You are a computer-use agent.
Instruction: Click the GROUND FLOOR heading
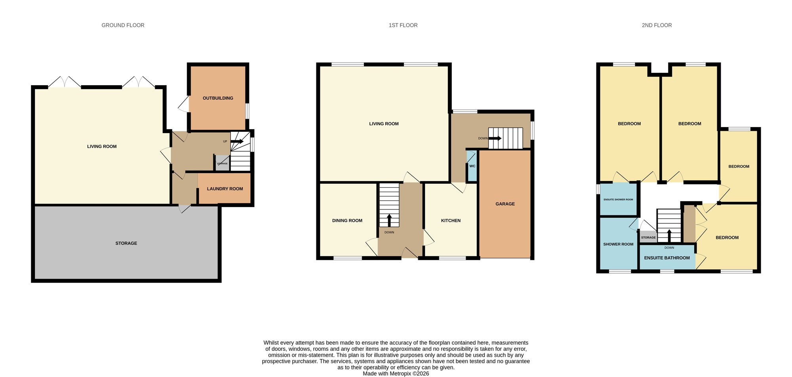(x=123, y=25)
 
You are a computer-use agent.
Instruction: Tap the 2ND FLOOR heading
(x=657, y=25)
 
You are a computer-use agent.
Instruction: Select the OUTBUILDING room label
(x=218, y=98)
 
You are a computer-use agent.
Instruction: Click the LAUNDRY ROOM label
(x=225, y=189)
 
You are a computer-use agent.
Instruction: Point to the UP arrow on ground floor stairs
(x=237, y=141)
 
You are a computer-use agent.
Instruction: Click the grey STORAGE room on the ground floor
(x=126, y=243)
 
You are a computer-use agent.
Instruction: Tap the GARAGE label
(x=505, y=204)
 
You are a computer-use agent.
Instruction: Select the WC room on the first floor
(x=472, y=166)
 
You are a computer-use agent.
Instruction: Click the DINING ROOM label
(x=347, y=221)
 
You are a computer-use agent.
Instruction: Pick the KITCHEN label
(x=451, y=221)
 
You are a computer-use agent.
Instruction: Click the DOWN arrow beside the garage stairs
(x=495, y=138)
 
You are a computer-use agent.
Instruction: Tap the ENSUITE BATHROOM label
(x=667, y=258)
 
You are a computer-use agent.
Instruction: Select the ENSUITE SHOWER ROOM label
(x=618, y=200)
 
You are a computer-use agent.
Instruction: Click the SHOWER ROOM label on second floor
(x=618, y=244)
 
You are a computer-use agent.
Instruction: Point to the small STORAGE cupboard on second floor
(x=648, y=237)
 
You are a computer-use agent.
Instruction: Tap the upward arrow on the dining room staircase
(x=389, y=220)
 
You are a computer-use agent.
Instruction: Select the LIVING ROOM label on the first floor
(x=384, y=124)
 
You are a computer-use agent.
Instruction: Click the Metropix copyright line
(x=396, y=373)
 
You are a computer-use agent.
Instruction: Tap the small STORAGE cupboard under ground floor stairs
(x=222, y=163)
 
